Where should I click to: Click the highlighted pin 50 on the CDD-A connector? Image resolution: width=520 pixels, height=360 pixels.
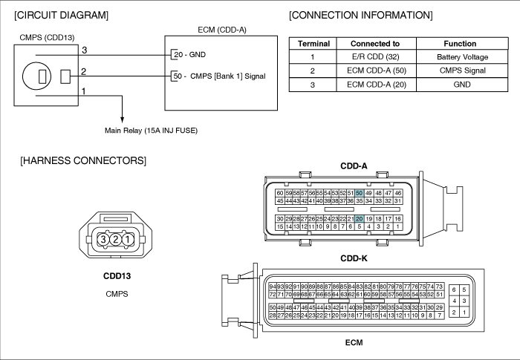pyautogui.click(x=359, y=193)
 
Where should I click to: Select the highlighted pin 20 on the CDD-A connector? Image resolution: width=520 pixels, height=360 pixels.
pyautogui.click(x=359, y=219)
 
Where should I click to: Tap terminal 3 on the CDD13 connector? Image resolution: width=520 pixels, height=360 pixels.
pyautogui.click(x=103, y=239)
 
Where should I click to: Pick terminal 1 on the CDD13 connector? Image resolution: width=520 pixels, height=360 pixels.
pyautogui.click(x=128, y=239)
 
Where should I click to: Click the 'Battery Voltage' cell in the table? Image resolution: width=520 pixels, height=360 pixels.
pyautogui.click(x=462, y=57)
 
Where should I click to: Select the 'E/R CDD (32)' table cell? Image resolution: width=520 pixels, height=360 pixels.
pyautogui.click(x=375, y=56)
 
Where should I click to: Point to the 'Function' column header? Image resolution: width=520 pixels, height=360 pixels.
pyautogui.click(x=460, y=44)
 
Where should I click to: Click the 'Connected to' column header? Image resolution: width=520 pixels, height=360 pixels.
pyautogui.click(x=375, y=44)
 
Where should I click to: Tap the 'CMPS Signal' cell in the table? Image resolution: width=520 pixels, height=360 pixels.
pyautogui.click(x=462, y=71)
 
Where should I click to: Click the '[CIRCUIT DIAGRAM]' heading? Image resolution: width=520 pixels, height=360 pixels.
pyautogui.click(x=62, y=16)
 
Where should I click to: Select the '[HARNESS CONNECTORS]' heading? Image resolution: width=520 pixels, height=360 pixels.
pyautogui.click(x=83, y=161)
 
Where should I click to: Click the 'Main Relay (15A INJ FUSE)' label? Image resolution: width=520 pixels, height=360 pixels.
pyautogui.click(x=152, y=131)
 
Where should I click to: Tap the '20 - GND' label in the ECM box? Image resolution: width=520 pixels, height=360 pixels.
pyautogui.click(x=189, y=55)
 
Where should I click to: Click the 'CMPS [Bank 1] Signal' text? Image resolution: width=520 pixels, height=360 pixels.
pyautogui.click(x=228, y=76)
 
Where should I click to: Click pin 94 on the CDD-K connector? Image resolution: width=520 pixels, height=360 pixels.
pyautogui.click(x=273, y=287)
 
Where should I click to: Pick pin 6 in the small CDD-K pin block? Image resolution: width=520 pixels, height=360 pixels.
pyautogui.click(x=454, y=289)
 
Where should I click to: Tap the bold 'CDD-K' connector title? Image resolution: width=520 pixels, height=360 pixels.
pyautogui.click(x=354, y=258)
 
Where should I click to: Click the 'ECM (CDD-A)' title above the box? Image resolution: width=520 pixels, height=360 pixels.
pyautogui.click(x=222, y=30)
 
